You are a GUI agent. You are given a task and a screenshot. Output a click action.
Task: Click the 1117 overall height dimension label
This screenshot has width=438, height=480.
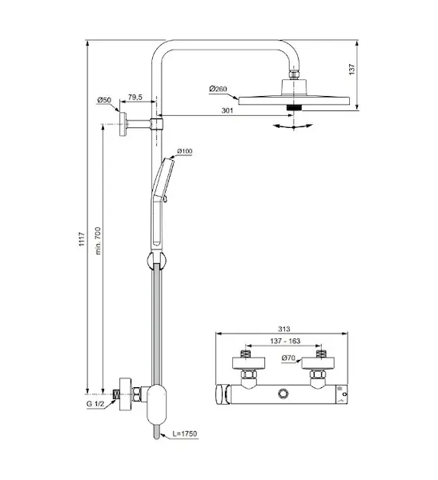tap(82, 239)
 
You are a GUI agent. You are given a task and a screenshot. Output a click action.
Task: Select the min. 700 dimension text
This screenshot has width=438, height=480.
tap(98, 241)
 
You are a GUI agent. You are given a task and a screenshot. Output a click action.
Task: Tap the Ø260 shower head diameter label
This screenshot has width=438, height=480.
tap(218, 89)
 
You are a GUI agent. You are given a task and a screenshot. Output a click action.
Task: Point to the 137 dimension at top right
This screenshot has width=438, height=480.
tap(352, 69)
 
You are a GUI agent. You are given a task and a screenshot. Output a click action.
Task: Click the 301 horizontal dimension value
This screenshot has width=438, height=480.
tap(227, 110)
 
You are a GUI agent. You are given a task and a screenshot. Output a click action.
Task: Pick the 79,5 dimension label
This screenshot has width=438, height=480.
tap(135, 98)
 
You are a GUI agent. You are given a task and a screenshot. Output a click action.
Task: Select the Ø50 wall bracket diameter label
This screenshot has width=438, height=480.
tap(104, 100)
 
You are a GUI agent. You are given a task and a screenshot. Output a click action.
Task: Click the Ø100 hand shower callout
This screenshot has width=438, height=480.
tap(184, 151)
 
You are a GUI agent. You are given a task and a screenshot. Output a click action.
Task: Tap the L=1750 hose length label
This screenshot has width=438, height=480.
tap(185, 434)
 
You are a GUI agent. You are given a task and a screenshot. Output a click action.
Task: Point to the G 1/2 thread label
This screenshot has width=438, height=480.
tap(95, 404)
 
